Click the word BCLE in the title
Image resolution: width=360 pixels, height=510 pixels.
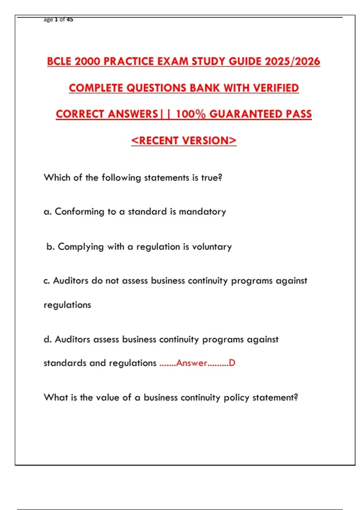59,61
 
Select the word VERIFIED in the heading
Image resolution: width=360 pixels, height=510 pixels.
276,88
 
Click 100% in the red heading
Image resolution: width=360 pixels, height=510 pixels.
191,114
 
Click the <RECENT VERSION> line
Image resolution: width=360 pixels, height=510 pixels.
184,140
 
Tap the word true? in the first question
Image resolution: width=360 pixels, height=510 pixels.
211,178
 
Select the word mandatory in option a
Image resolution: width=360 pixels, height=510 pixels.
202,211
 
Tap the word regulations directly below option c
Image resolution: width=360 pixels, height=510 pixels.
67,305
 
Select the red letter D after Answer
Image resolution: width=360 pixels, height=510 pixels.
232,363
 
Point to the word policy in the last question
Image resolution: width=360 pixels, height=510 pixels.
237,397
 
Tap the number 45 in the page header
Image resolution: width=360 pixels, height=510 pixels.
70,19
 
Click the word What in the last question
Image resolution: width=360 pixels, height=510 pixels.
56,397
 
